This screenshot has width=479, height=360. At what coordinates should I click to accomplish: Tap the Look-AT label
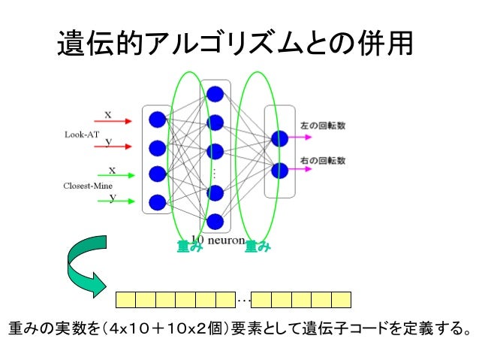[81, 134]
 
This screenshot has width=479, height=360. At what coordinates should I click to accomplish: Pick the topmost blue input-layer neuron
[157, 119]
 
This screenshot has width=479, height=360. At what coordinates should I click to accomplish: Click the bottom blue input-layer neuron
[157, 202]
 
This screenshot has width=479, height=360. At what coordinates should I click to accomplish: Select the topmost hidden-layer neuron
[215, 94]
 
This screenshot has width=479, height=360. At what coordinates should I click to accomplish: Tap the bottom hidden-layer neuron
[215, 221]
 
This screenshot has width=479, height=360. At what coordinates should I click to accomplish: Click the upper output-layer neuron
[280, 139]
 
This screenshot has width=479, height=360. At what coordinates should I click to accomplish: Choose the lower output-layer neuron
[280, 170]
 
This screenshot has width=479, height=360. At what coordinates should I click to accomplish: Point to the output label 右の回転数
[323, 161]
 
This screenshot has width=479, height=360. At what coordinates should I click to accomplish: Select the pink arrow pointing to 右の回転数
[298, 170]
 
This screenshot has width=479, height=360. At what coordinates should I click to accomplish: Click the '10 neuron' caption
[218, 240]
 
